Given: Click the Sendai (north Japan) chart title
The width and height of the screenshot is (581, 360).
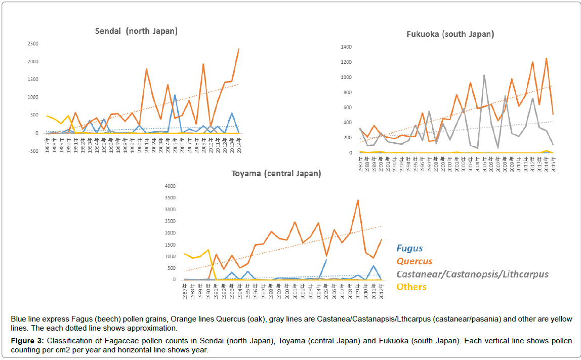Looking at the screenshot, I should (136, 31).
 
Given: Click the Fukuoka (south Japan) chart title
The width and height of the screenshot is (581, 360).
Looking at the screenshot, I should (450, 34).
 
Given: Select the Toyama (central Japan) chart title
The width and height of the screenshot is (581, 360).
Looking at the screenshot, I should (276, 174).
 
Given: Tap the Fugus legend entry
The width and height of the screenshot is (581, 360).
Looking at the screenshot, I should (409, 249).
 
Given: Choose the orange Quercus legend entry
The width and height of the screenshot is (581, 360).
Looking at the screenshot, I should (414, 261).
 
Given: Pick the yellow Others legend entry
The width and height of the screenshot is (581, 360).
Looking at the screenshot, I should (411, 287).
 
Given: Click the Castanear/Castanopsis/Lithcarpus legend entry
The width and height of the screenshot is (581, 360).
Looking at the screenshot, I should (472, 274).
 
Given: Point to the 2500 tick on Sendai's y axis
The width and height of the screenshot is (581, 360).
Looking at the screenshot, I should (33, 44).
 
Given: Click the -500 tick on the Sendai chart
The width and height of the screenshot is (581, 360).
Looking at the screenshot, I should (33, 151).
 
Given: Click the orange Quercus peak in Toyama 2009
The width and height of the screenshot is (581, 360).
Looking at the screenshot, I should (358, 200).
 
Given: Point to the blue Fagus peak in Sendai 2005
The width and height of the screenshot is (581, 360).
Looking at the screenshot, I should (175, 95).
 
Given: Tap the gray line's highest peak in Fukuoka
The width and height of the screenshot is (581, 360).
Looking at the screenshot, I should (484, 75).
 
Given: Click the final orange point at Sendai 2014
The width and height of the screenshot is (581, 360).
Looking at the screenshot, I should (239, 49).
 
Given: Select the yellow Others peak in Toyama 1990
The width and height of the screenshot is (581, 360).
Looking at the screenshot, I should (208, 250).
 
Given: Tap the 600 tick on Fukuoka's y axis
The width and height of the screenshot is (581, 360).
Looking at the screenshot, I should (347, 107).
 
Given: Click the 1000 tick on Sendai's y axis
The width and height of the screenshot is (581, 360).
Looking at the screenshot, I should (33, 97).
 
